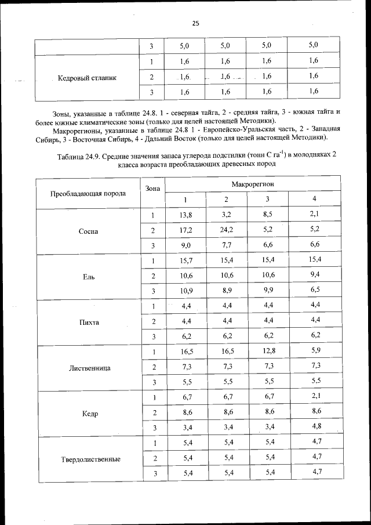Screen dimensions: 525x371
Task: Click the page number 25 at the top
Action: point(195,23)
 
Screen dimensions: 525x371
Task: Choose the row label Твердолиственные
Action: point(90,459)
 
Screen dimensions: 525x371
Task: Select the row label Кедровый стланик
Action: point(87,77)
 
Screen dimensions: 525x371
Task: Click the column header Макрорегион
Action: point(252,184)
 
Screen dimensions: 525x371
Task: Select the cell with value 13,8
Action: point(185,215)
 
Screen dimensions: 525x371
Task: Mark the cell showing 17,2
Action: point(185,230)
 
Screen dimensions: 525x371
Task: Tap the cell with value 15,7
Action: point(185,260)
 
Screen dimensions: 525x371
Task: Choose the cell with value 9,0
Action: point(185,245)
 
